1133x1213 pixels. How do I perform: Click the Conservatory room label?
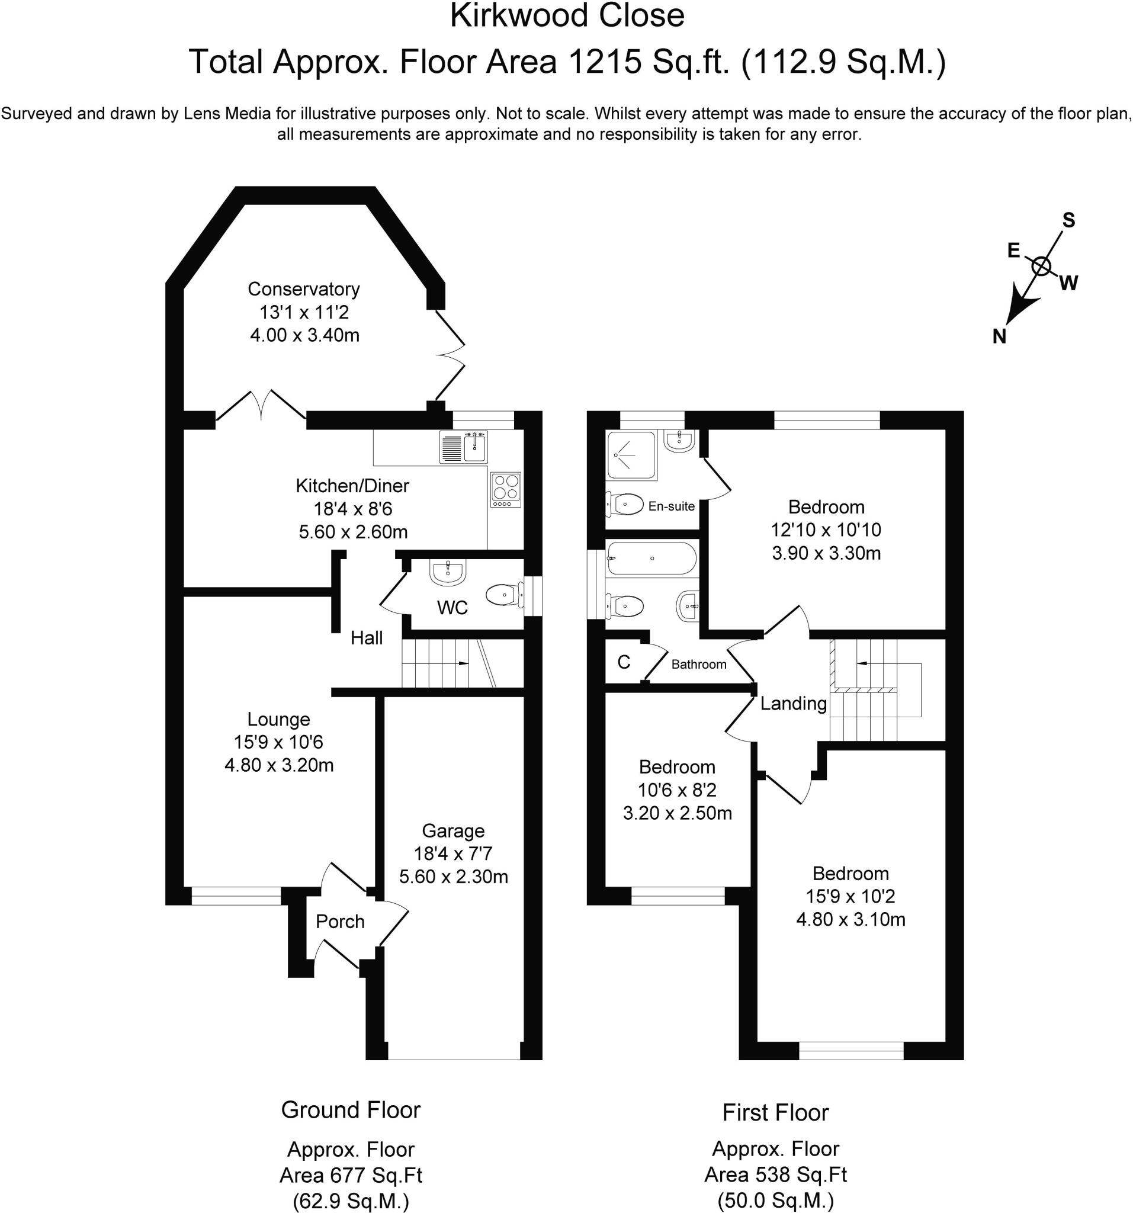click(x=303, y=288)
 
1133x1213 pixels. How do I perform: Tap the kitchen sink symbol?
click(x=463, y=447)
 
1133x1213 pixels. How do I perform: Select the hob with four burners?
click(x=506, y=489)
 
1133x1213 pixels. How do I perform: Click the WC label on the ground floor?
click(x=452, y=608)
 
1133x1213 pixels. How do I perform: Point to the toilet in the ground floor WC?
click(x=504, y=595)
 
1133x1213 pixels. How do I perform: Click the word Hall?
click(x=366, y=638)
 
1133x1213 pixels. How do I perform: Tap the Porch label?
click(x=340, y=922)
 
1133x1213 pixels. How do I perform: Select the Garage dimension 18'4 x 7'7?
click(x=452, y=853)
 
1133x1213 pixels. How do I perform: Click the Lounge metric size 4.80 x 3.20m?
click(x=279, y=765)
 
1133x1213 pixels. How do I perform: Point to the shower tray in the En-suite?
click(x=631, y=455)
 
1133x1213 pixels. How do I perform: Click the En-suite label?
click(x=671, y=506)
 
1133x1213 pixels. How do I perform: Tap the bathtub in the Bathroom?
click(x=651, y=559)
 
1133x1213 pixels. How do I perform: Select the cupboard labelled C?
click(x=624, y=662)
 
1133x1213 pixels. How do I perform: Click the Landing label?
click(x=792, y=704)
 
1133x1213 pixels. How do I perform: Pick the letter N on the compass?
click(x=999, y=336)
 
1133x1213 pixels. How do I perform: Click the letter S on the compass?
click(x=1068, y=220)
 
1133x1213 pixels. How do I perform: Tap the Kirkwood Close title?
click(x=567, y=17)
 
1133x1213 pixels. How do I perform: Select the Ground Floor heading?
click(x=351, y=1110)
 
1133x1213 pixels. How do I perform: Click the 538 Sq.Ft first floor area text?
click(x=775, y=1175)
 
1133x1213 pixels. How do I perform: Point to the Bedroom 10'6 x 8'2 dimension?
click(x=677, y=790)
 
